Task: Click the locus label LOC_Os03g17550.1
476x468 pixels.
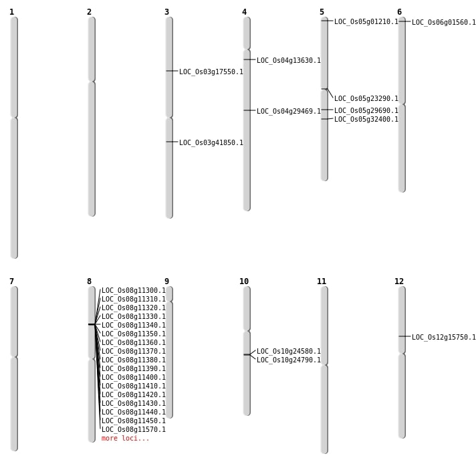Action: pos(211,72)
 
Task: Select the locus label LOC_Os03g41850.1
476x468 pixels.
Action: pos(211,142)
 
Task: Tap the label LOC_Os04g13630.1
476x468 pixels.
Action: pos(288,60)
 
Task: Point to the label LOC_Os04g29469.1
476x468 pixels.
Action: pos(288,111)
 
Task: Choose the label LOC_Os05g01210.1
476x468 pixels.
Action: pos(366,21)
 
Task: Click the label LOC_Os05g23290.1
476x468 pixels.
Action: pos(366,98)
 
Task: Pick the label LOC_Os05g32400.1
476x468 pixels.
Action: pos(366,119)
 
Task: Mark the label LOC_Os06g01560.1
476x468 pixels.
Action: pos(443,22)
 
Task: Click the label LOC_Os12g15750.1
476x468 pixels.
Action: pos(443,337)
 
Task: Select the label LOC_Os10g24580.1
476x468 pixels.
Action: pos(288,351)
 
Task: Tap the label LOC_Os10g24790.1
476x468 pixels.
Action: pos(288,360)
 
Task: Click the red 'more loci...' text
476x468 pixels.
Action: pos(125,438)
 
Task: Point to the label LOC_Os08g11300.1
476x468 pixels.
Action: pos(133,290)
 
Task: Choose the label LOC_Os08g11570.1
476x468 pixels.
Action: pos(133,429)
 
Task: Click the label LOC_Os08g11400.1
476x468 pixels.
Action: pos(133,377)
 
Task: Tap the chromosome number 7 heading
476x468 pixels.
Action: pos(11,281)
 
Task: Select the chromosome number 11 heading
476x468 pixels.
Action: pos(322,281)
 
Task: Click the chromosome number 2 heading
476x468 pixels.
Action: pos(89,12)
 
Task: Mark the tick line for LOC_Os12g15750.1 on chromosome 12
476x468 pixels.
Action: pos(404,336)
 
